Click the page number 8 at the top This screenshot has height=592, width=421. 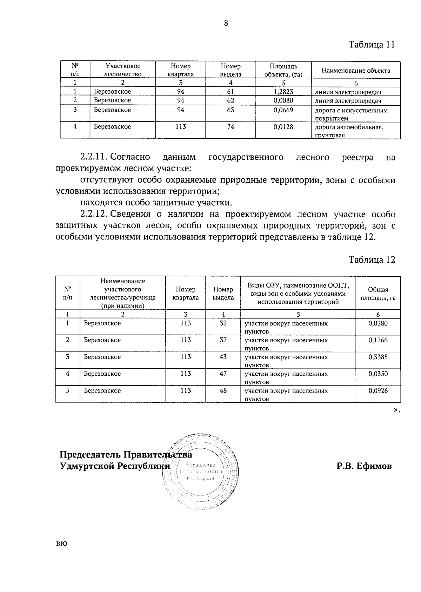(x=226, y=23)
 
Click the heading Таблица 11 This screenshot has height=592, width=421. (x=372, y=45)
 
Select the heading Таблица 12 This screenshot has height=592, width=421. (x=372, y=259)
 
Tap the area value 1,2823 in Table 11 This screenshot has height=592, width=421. (x=283, y=92)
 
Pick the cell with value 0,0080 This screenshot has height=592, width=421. (x=283, y=100)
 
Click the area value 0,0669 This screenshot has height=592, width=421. (x=283, y=110)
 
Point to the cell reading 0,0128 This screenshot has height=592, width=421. (x=283, y=127)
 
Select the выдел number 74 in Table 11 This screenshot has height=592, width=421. (x=230, y=127)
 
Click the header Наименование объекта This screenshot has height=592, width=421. (x=356, y=71)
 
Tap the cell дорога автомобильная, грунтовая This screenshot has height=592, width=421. (x=349, y=131)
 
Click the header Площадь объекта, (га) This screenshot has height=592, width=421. (x=283, y=70)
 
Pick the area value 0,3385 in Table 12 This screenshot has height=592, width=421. (x=378, y=357)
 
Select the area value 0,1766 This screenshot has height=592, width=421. (x=378, y=340)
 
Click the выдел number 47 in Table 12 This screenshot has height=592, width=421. (x=223, y=374)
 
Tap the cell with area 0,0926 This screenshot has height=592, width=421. (x=378, y=390)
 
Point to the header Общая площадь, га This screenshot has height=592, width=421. (x=378, y=294)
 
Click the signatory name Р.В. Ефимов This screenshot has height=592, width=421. (x=364, y=466)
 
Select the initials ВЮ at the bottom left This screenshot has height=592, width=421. (x=61, y=544)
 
